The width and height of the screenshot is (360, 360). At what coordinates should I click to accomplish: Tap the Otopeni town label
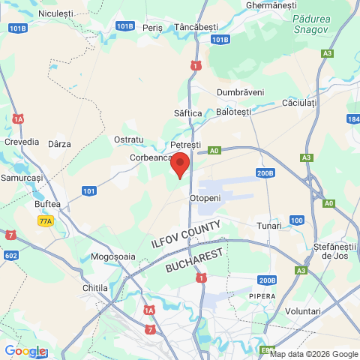coord(205,198)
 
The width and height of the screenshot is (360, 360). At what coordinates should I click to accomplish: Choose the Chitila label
coord(95,288)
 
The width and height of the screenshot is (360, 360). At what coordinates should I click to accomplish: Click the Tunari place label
coord(268,226)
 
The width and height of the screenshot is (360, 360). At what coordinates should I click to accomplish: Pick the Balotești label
coord(232,112)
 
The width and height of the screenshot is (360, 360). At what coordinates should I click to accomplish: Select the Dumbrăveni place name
coord(240,91)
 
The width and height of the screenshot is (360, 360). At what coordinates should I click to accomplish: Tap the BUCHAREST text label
coord(196,261)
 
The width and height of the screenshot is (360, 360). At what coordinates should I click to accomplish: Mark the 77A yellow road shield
coord(46,221)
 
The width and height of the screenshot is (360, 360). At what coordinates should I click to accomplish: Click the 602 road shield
coord(10,255)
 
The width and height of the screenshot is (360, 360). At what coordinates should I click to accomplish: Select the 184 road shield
coord(353,119)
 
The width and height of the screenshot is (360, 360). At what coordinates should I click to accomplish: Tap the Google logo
coord(25,351)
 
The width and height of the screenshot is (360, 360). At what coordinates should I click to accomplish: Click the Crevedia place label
coord(21,142)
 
